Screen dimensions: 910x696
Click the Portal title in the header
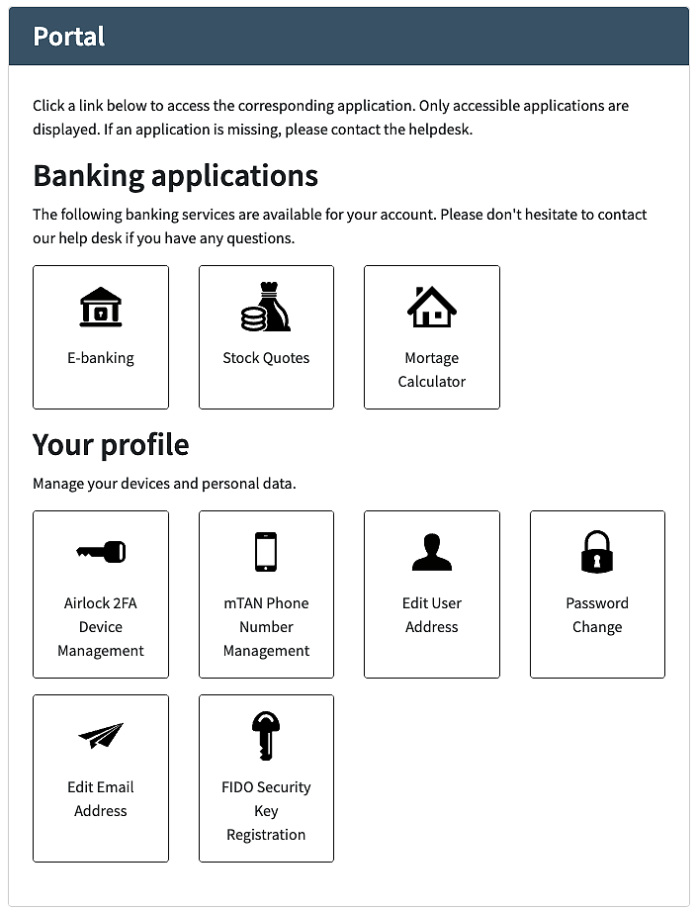(69, 37)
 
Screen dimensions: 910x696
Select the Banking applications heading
(175, 176)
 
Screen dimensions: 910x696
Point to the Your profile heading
(111, 444)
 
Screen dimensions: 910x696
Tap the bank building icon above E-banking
(101, 308)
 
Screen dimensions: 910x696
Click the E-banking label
(101, 358)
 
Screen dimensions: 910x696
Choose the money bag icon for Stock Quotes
(266, 307)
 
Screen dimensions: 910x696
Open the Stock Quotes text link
(266, 358)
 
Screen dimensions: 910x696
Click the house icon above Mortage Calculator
(432, 307)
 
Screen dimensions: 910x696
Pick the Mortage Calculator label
(432, 370)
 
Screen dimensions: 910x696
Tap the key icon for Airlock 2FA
(101, 552)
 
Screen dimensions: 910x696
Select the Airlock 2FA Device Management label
(101, 627)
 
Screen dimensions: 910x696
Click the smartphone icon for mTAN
(266, 552)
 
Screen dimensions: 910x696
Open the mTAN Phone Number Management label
(266, 627)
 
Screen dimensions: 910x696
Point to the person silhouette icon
(432, 552)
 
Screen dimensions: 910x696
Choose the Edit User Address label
(432, 615)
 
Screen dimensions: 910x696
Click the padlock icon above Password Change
(597, 552)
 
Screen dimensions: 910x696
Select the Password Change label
(597, 615)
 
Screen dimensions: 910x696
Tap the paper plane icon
(101, 736)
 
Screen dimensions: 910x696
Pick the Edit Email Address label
(101, 799)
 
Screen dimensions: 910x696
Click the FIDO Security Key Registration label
(266, 811)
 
